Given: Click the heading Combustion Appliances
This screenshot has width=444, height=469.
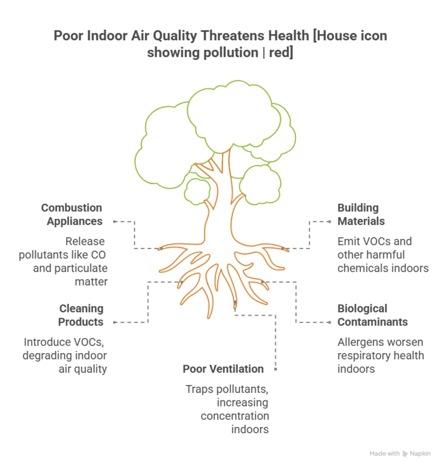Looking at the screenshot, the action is (x=72, y=214).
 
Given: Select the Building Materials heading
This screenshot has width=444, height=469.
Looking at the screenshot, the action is (x=361, y=214).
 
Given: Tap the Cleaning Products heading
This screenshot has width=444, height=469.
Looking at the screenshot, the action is (x=81, y=315).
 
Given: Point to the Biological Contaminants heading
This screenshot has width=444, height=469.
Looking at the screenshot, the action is (x=372, y=315).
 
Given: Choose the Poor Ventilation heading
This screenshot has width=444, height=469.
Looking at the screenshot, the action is (x=223, y=369).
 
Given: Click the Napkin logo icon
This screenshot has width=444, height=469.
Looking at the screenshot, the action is (x=405, y=454).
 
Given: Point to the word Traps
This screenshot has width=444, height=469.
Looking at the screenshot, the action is (x=200, y=389).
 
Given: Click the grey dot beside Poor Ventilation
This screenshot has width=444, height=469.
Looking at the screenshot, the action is (x=275, y=369).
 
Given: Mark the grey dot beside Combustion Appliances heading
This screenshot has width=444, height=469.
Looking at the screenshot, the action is (x=114, y=221).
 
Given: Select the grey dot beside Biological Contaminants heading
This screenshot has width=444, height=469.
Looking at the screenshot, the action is (x=330, y=322).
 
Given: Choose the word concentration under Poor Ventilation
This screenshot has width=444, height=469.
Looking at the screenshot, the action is (x=235, y=416).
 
